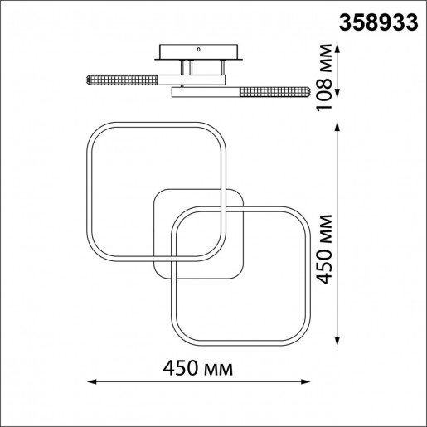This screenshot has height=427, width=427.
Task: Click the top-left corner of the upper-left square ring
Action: [95, 132]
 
